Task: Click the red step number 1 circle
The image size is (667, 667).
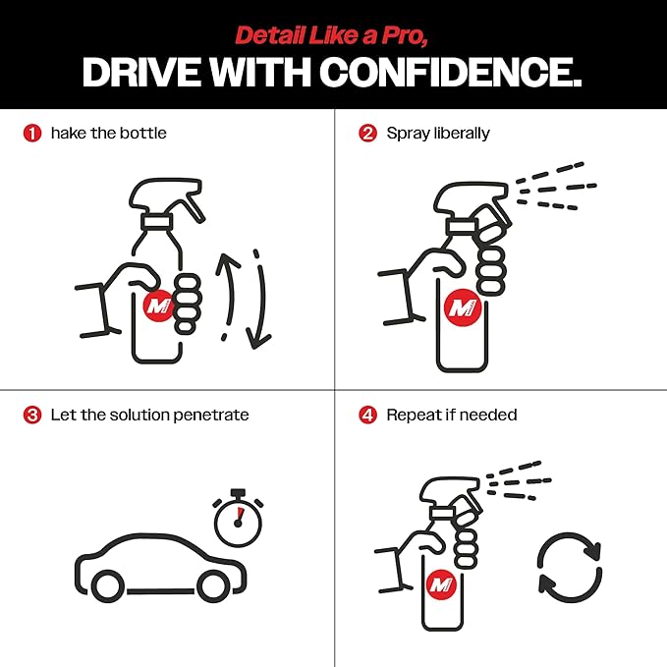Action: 32,134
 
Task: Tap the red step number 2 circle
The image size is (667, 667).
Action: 367,134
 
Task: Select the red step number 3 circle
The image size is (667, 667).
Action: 32,415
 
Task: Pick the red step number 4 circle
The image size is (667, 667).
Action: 367,415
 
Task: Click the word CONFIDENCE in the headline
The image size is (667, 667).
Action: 451,72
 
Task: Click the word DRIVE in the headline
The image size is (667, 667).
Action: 141,72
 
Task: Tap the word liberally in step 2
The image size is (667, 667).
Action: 462,134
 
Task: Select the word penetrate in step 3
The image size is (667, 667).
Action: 211,416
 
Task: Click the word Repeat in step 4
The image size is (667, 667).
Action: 413,416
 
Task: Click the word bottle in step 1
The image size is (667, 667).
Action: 143,134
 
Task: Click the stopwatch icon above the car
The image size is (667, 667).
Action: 238,518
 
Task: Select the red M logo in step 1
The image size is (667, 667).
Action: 159,306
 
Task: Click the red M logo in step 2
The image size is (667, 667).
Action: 462,307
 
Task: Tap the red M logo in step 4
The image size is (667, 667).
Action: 441,585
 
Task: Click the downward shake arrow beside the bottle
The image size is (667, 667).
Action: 260,300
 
